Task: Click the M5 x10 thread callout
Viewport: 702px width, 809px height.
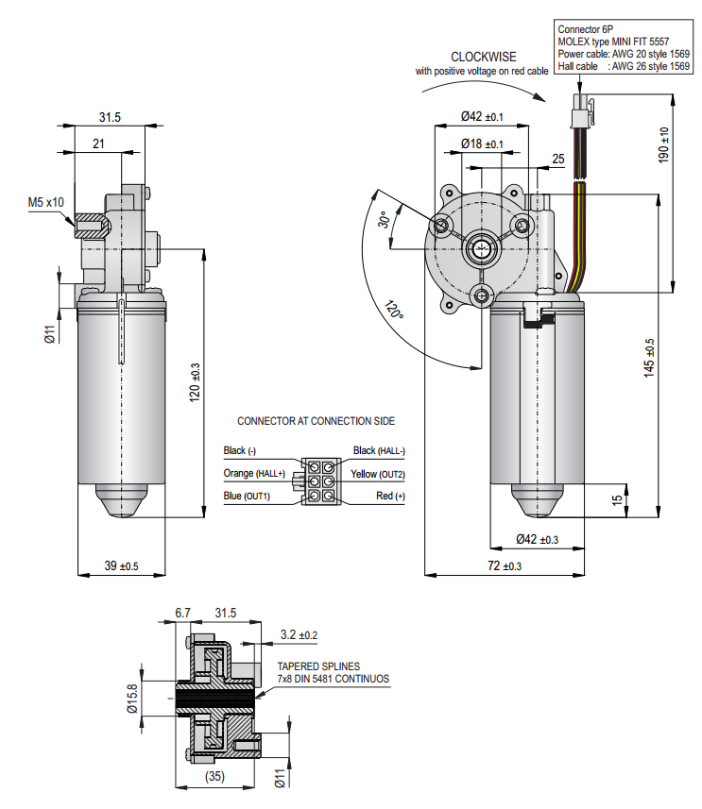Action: point(45,202)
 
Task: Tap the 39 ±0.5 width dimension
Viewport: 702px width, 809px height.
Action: point(121,566)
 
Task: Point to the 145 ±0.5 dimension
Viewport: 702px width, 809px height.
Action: point(649,358)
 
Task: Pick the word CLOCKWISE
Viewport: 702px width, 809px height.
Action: point(483,57)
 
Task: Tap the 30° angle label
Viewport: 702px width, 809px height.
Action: point(384,220)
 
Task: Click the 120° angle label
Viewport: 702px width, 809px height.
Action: point(395,311)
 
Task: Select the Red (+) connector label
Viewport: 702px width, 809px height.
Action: point(390,496)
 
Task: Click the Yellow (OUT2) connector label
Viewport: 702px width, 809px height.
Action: point(378,473)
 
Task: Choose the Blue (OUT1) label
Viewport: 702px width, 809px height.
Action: point(247,496)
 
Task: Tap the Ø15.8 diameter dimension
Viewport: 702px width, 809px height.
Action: point(132,699)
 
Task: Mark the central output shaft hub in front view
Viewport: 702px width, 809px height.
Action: point(483,251)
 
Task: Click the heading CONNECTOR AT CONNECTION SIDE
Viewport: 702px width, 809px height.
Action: point(316,421)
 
